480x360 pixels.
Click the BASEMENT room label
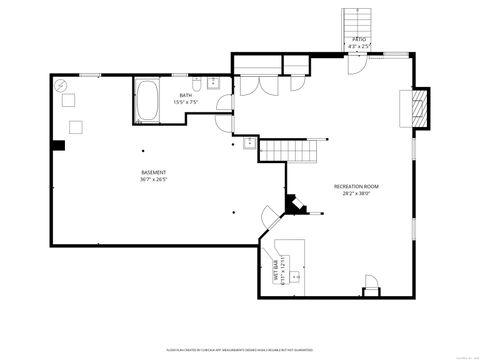[154, 172]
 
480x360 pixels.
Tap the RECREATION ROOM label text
[356, 186]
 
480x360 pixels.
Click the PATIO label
[358, 39]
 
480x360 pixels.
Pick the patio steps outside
[358, 21]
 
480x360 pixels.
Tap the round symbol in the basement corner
[62, 86]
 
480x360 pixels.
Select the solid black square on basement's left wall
[59, 146]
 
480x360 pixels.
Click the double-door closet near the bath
[256, 86]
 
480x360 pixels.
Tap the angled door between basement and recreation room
[268, 216]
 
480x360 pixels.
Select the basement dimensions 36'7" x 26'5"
[154, 181]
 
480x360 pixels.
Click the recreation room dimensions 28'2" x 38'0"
[356, 195]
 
